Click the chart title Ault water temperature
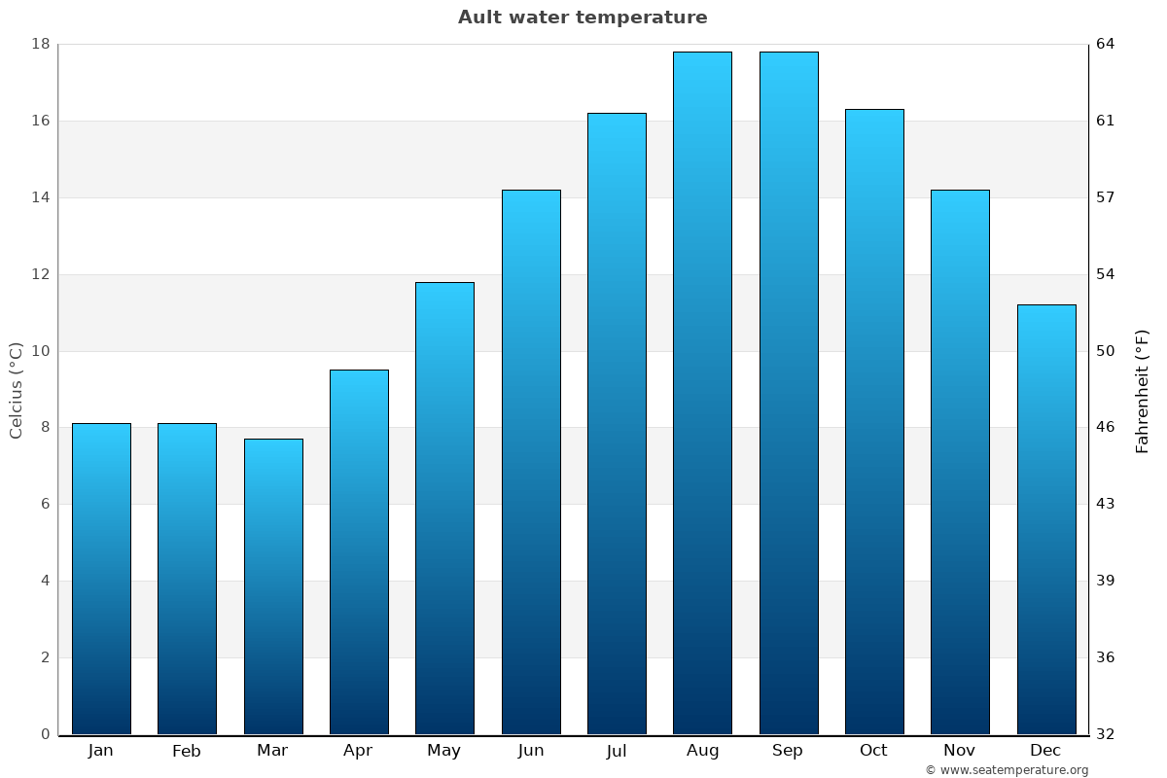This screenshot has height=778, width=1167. (x=583, y=18)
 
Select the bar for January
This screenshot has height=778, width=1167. (x=101, y=579)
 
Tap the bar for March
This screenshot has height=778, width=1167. (x=273, y=586)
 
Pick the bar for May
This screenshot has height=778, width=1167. (x=444, y=508)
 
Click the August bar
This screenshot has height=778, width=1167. (x=702, y=393)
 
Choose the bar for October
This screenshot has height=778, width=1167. (x=874, y=421)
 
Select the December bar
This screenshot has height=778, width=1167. (x=1046, y=519)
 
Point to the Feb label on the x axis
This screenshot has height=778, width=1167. (x=186, y=751)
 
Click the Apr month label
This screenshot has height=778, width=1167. (x=358, y=751)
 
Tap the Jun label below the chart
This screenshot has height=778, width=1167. (x=531, y=751)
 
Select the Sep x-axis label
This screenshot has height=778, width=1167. (x=788, y=751)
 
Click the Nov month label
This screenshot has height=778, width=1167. (x=959, y=751)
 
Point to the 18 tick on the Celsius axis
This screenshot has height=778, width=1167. (x=41, y=44)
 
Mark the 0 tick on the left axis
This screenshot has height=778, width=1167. (x=45, y=734)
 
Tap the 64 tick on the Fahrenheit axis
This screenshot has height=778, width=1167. (x=1107, y=44)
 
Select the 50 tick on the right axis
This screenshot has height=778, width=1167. (x=1107, y=351)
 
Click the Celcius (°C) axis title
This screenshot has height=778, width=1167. (x=16, y=390)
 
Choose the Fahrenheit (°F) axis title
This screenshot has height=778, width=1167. (x=1142, y=390)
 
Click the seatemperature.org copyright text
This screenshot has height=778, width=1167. (x=1007, y=770)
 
